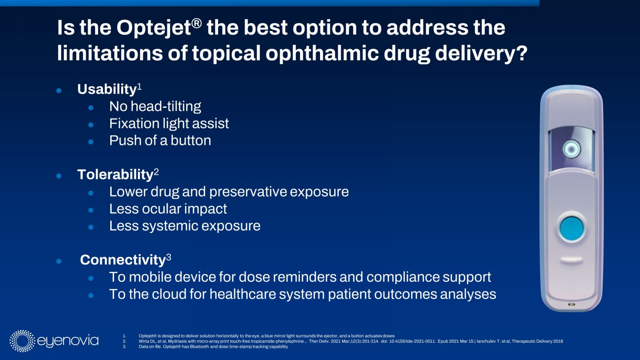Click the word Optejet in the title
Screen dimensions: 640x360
(x=154, y=29)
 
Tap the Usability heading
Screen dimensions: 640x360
(x=107, y=89)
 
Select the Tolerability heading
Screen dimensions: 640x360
(x=115, y=174)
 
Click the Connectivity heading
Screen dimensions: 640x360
(x=123, y=260)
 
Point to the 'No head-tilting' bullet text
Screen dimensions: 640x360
(x=155, y=106)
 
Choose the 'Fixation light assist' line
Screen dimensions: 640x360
(x=169, y=124)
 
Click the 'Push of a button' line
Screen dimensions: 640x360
(x=160, y=140)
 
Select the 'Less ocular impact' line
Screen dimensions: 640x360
(x=168, y=209)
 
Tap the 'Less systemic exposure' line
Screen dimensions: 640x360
(x=185, y=226)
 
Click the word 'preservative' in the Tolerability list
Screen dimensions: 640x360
(x=248, y=192)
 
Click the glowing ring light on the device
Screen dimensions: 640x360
(x=572, y=149)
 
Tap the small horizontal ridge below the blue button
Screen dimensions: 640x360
(x=572, y=260)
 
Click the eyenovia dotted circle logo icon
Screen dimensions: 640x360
(x=22, y=341)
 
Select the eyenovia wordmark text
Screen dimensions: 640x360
(x=68, y=341)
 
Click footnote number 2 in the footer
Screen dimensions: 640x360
(x=125, y=341)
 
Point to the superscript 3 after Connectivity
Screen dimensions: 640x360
(x=168, y=258)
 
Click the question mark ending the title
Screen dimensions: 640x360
(x=522, y=53)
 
